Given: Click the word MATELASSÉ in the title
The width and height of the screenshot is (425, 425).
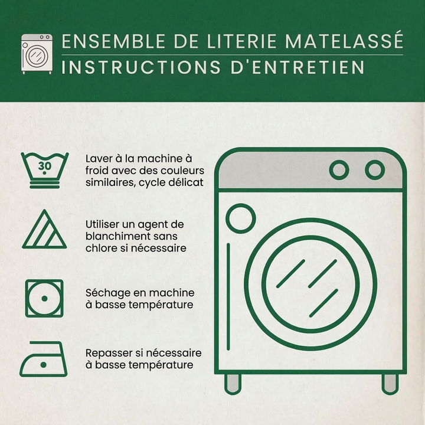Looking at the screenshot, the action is click(x=344, y=41).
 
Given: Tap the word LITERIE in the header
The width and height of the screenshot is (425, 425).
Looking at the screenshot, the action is click(x=241, y=41).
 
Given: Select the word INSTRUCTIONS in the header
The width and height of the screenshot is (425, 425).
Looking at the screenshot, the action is click(x=141, y=67).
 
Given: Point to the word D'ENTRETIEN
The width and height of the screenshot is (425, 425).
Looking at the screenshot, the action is click(x=297, y=67).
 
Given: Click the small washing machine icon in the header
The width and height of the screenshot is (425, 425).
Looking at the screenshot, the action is click(x=37, y=54).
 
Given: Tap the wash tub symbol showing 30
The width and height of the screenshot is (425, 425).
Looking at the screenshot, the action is click(x=45, y=170).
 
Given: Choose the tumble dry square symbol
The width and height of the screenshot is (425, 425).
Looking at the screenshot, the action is click(x=44, y=299).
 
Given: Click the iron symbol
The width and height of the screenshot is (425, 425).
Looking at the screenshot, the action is click(x=43, y=359).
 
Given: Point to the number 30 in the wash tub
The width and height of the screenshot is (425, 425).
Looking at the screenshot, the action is click(x=44, y=166).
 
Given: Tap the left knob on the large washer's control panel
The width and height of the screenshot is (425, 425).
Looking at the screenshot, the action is click(x=339, y=170).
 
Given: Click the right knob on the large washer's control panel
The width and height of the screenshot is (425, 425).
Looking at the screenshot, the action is click(x=375, y=170).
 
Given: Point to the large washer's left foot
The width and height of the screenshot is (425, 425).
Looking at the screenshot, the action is click(x=233, y=384).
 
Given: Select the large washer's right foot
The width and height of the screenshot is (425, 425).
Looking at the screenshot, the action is click(x=390, y=384).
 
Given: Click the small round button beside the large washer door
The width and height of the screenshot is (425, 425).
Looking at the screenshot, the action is click(x=241, y=218).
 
